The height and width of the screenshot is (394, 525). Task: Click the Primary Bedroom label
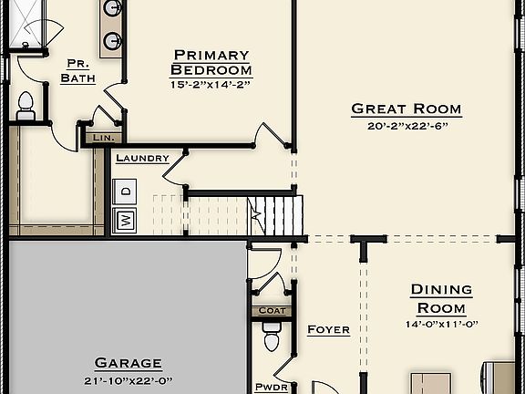pyautogui.click(x=211, y=63)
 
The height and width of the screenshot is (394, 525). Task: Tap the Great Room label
pyautogui.click(x=407, y=109)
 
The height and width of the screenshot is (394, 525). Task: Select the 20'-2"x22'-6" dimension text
pyautogui.click(x=407, y=126)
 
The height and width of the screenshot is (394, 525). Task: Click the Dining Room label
pyautogui.click(x=441, y=299)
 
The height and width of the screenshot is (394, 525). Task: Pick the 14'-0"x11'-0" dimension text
pyautogui.click(x=441, y=324)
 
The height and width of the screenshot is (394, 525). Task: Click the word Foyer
pyautogui.click(x=328, y=329)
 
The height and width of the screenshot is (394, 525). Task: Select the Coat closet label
pyautogui.click(x=273, y=311)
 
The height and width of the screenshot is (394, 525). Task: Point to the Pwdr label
pyautogui.click(x=273, y=387)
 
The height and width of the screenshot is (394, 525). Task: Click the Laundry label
pyautogui.click(x=142, y=158)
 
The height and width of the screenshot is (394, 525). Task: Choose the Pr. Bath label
pyautogui.click(x=77, y=70)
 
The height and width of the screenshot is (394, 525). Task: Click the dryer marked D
pyautogui.click(x=124, y=191)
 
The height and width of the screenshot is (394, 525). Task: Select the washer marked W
pyautogui.click(x=124, y=219)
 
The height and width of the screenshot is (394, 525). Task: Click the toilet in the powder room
pyautogui.click(x=270, y=342)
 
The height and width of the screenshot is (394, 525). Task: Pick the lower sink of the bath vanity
pyautogui.click(x=112, y=40)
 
